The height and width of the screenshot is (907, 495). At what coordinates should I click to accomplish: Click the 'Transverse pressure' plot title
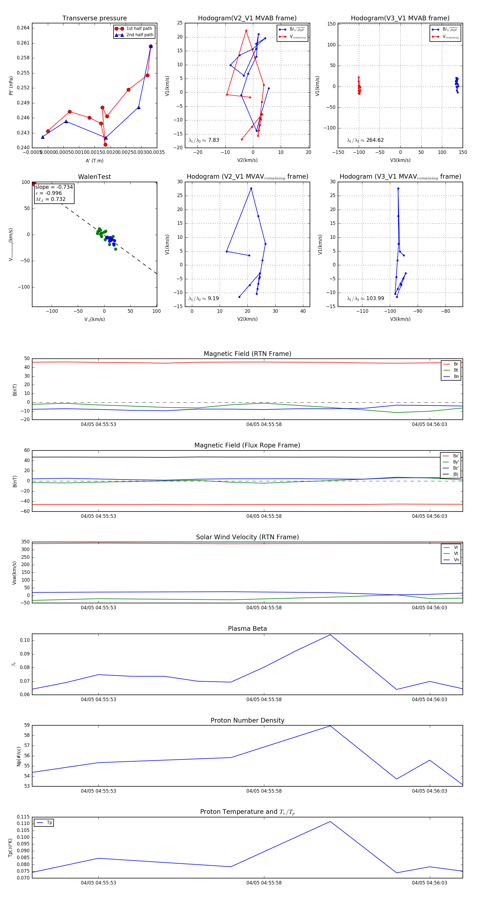pos(94,18)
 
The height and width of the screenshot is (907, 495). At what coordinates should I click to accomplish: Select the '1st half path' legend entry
pos(139,29)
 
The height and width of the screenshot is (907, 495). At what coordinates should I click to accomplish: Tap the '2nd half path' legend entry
pos(139,35)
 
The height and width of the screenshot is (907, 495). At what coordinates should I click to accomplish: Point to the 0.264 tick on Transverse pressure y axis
pos(23,28)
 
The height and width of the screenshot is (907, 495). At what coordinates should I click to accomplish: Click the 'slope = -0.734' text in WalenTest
pos(54,187)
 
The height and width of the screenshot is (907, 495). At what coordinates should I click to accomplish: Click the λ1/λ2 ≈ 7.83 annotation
pos(204,140)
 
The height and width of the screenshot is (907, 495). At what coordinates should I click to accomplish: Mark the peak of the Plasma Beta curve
pos(330,635)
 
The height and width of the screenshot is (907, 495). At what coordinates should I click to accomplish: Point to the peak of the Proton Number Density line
pos(330,726)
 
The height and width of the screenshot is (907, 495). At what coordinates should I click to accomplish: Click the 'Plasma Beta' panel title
pos(247,629)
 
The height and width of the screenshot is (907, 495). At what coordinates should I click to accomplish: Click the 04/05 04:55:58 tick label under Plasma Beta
pos(264,699)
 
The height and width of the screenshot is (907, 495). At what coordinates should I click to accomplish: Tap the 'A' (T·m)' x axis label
pos(94,161)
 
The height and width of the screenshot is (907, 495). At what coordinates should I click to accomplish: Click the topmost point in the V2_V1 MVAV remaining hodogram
pos(251,188)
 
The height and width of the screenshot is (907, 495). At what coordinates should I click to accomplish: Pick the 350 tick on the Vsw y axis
pos(25,542)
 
